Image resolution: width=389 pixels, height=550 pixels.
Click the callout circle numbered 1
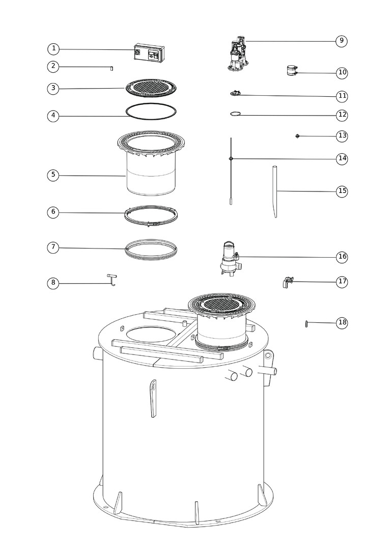click(53, 49)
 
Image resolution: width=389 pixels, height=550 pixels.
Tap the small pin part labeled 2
click(112, 68)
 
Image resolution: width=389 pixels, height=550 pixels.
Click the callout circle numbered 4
click(53, 116)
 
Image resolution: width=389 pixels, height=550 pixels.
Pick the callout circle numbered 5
click(53, 175)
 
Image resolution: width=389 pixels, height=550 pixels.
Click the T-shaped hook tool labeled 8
click(112, 280)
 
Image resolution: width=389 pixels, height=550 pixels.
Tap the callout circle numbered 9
click(342, 41)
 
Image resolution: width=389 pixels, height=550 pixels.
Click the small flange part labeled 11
click(235, 93)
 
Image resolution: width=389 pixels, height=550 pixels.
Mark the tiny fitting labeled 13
click(298, 136)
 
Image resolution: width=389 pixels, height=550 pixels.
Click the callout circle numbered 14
click(342, 158)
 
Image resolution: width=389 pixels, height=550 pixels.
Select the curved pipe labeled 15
click(275, 191)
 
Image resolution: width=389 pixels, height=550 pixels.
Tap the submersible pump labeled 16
click(230, 258)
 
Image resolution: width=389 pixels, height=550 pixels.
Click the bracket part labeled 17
click(287, 282)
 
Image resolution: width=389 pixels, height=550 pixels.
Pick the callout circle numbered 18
click(342, 322)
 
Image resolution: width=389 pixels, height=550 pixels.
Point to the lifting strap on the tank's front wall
click(153, 398)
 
